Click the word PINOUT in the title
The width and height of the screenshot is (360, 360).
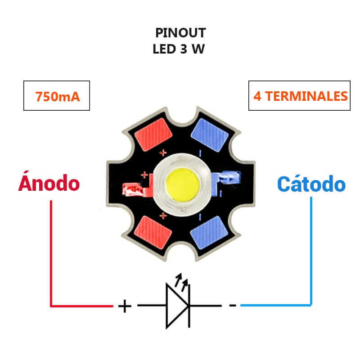(180, 33)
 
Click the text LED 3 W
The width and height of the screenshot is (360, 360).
(179, 49)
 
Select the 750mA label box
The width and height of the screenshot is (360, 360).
(57, 96)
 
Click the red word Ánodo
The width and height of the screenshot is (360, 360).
(49, 184)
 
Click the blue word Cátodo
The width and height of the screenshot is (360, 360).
(311, 184)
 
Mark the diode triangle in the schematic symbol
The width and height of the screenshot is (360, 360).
(176, 306)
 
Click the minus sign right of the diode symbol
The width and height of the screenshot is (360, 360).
(232, 306)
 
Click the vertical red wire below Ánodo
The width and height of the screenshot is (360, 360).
(51, 252)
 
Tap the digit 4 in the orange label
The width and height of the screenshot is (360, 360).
(257, 96)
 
